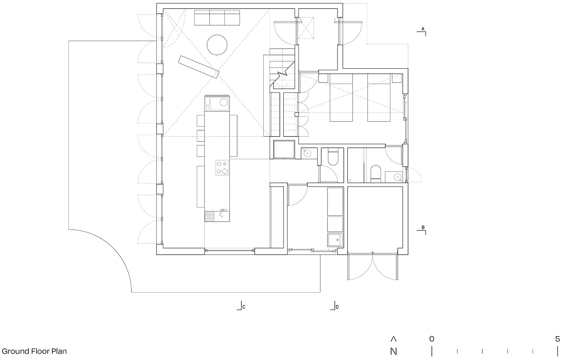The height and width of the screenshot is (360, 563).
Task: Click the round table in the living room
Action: click(217, 44)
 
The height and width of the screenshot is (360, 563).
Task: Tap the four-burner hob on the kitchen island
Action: click(222, 167)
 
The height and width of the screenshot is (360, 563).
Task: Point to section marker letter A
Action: click(423, 29)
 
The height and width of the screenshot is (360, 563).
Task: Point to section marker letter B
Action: click(423, 228)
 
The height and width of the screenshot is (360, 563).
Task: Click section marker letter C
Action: click(244, 307)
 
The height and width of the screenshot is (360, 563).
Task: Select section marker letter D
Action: click(337, 307)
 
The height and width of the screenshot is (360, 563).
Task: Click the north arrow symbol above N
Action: click(393, 339)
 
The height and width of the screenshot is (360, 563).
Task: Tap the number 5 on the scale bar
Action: click(557, 339)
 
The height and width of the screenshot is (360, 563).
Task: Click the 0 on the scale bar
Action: click(432, 339)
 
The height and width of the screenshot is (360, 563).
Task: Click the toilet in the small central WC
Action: click(333, 158)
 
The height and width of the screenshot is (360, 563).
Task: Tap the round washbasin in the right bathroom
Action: click(398, 177)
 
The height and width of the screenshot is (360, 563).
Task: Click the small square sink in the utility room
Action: click(335, 239)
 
